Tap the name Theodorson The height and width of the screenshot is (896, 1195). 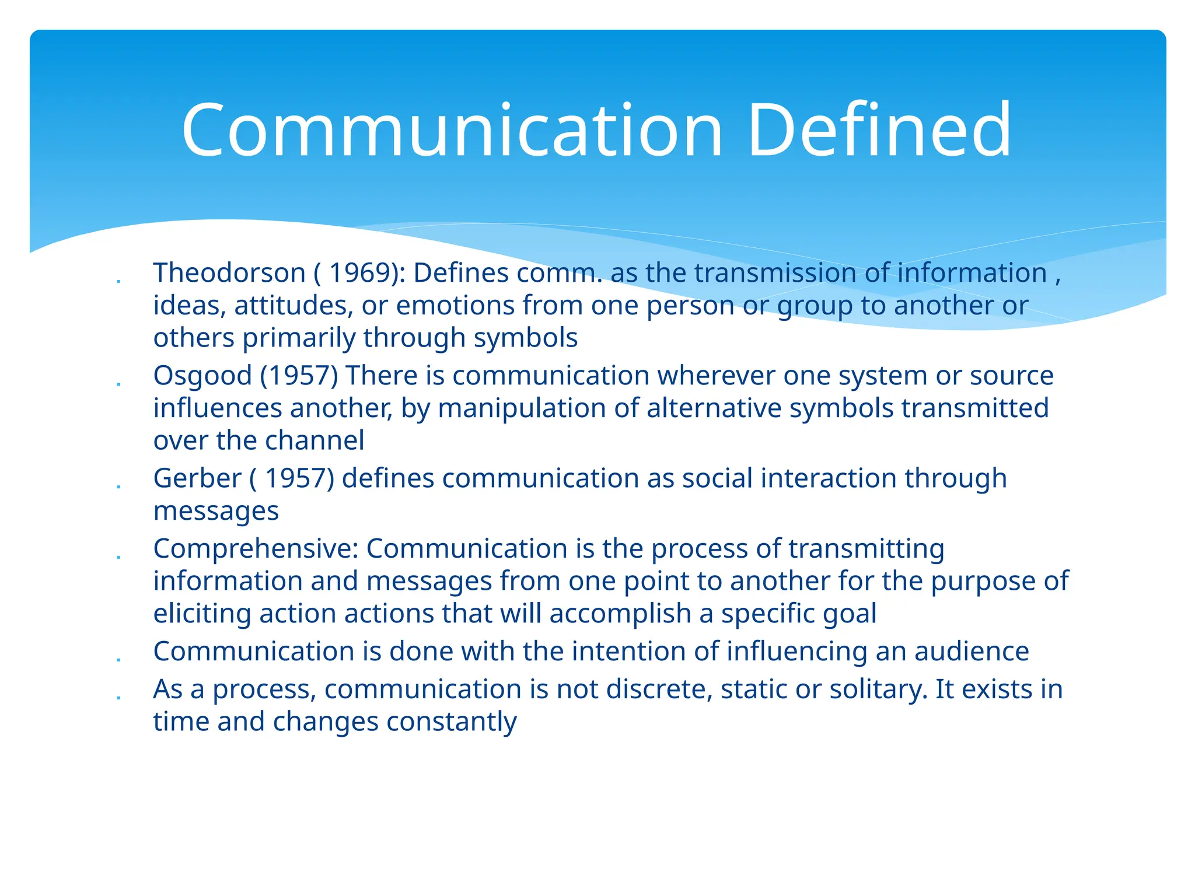[229, 273]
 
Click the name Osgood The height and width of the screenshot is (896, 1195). [202, 376]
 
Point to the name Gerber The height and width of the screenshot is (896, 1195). [197, 478]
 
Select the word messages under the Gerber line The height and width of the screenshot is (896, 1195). [216, 512]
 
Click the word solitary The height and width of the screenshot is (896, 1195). [878, 689]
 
